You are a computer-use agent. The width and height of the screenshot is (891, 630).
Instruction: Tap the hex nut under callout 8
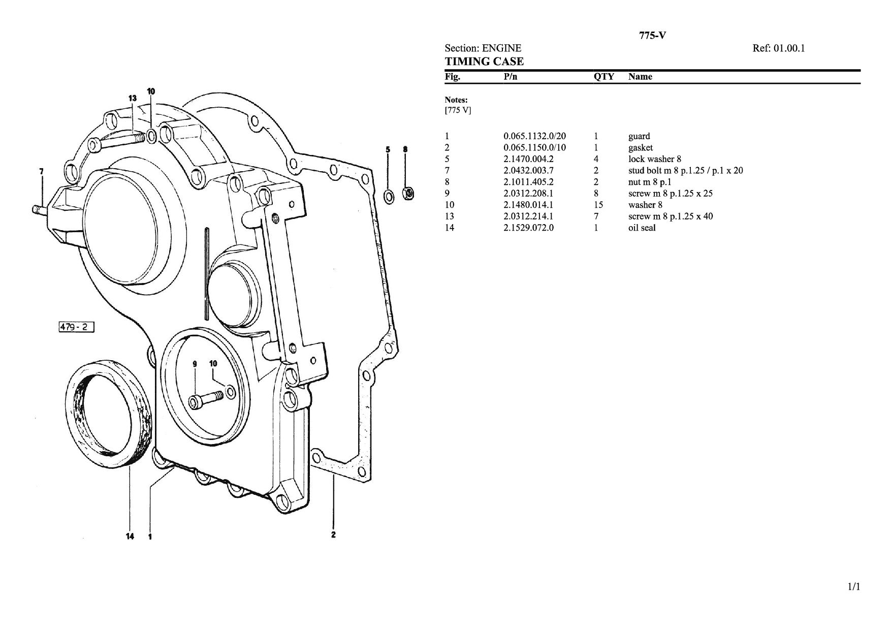407,193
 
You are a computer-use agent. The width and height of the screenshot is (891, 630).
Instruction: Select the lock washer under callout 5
388,196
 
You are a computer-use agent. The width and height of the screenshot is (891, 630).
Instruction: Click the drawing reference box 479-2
76,327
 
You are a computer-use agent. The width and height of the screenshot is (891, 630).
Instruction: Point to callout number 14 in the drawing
130,536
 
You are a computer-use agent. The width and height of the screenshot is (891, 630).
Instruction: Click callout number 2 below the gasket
333,534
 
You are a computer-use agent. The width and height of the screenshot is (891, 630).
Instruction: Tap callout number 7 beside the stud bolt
41,171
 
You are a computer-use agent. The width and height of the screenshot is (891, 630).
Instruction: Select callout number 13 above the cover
132,98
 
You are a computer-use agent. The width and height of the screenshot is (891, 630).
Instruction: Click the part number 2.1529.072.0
528,228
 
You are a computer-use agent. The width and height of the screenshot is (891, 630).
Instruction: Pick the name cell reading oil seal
642,228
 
